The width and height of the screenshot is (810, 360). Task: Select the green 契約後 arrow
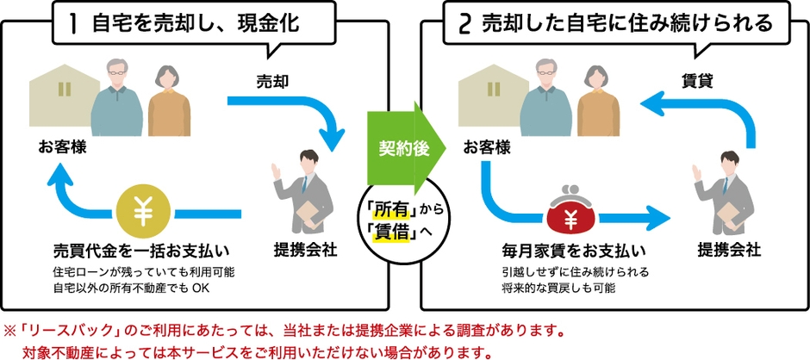(407, 146)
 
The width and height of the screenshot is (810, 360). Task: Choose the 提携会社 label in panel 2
(729, 251)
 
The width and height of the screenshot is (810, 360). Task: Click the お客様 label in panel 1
(62, 146)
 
